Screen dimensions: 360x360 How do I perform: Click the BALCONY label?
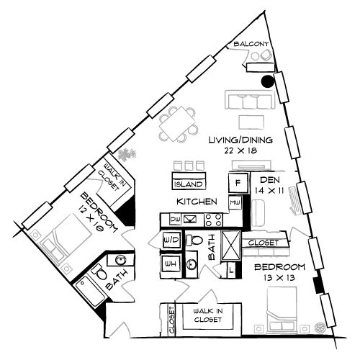point(252,45)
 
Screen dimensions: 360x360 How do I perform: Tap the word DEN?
point(269,180)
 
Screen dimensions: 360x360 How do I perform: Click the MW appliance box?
point(235,203)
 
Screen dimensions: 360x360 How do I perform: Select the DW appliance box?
point(174,219)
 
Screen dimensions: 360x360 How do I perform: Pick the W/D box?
point(171,239)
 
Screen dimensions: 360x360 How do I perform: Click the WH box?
point(171,264)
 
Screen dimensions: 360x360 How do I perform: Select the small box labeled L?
point(230,270)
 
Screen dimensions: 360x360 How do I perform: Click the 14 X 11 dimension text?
point(269,191)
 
